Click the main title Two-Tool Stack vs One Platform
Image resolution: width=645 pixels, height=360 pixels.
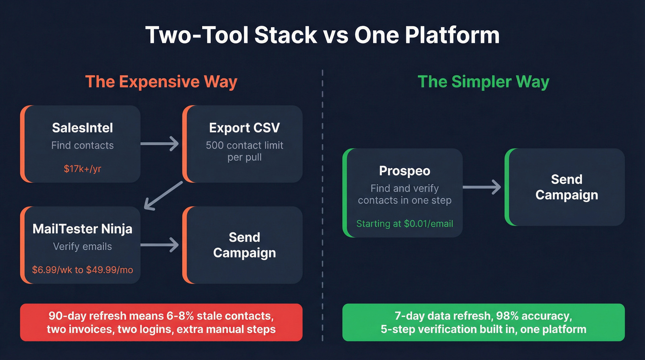[322, 35]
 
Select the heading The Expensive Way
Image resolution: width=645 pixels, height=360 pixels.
[161, 82]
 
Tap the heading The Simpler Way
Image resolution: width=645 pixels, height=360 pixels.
[483, 82]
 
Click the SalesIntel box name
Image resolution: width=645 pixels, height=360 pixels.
[82, 128]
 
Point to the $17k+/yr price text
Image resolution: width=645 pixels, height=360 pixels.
[82, 169]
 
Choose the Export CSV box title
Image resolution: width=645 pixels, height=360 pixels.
[244, 128]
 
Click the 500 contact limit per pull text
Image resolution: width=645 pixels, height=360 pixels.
[244, 151]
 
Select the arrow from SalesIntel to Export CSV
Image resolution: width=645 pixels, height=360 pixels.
[159, 144]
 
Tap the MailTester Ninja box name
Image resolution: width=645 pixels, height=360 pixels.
[82, 229]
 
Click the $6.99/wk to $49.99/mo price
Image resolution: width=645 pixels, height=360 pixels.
[82, 270]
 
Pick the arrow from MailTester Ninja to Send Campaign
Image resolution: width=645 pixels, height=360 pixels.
[159, 245]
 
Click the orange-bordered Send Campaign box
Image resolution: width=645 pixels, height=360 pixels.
[244, 245]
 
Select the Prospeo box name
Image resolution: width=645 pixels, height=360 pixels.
[404, 171]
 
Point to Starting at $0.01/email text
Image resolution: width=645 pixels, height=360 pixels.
[404, 224]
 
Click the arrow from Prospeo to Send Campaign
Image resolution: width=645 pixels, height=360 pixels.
[481, 187]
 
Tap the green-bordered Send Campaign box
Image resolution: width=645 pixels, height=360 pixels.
[566, 187]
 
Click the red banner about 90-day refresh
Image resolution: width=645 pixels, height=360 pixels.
[161, 323]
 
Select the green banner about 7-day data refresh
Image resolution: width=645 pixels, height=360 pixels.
[483, 323]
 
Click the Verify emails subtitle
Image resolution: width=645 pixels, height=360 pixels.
[82, 247]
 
